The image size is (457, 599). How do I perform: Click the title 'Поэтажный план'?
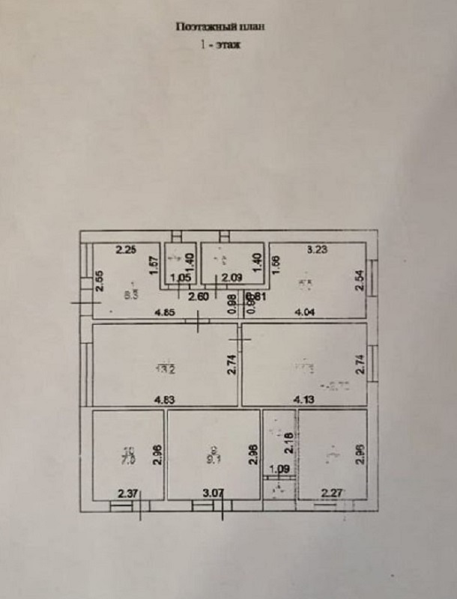pos(220,26)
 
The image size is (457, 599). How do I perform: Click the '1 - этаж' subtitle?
pos(220,45)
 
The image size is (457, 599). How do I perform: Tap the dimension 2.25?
pos(125,251)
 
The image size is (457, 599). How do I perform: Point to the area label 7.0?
pos(128,457)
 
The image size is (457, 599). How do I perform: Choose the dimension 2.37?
pos(128,493)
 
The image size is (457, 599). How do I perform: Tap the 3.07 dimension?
pos(213,493)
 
